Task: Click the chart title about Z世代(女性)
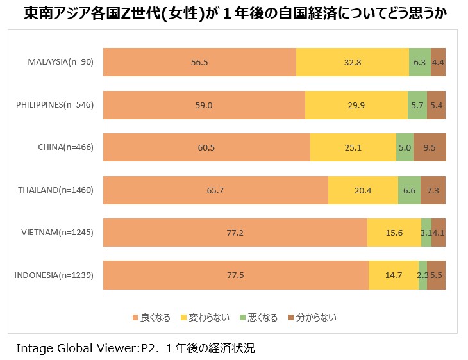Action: pyautogui.click(x=235, y=13)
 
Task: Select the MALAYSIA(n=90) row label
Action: pyautogui.click(x=62, y=62)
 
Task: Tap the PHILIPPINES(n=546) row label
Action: pyautogui.click(x=54, y=104)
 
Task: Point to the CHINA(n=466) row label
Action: pyautogui.click(x=65, y=147)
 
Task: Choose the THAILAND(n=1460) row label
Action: pyautogui.click(x=56, y=190)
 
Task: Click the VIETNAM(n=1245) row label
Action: pyautogui.click(x=58, y=233)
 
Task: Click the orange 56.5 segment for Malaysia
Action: pyautogui.click(x=199, y=62)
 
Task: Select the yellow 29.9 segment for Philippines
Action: pyautogui.click(x=356, y=104)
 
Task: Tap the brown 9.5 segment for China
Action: pyautogui.click(x=430, y=147)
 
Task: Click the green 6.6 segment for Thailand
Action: pyautogui.click(x=409, y=190)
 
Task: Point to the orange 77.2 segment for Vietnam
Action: pyautogui.click(x=235, y=233)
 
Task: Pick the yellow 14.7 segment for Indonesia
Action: pyautogui.click(x=393, y=275)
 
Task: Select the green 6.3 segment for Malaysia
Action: pyautogui.click(x=420, y=62)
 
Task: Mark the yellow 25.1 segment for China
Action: pyautogui.click(x=353, y=147)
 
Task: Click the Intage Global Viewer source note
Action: pyautogui.click(x=135, y=348)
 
